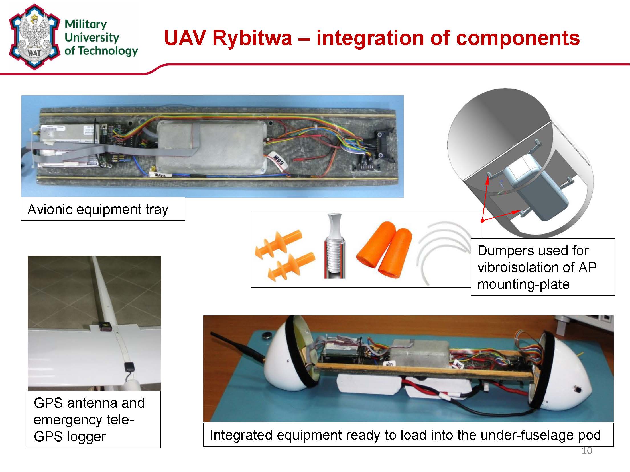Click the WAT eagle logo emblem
[x=34, y=37]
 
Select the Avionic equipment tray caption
[x=97, y=209]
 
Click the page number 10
[x=587, y=451]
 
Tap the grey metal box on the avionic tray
[x=211, y=148]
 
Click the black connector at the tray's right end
[x=382, y=145]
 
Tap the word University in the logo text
[x=92, y=37]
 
